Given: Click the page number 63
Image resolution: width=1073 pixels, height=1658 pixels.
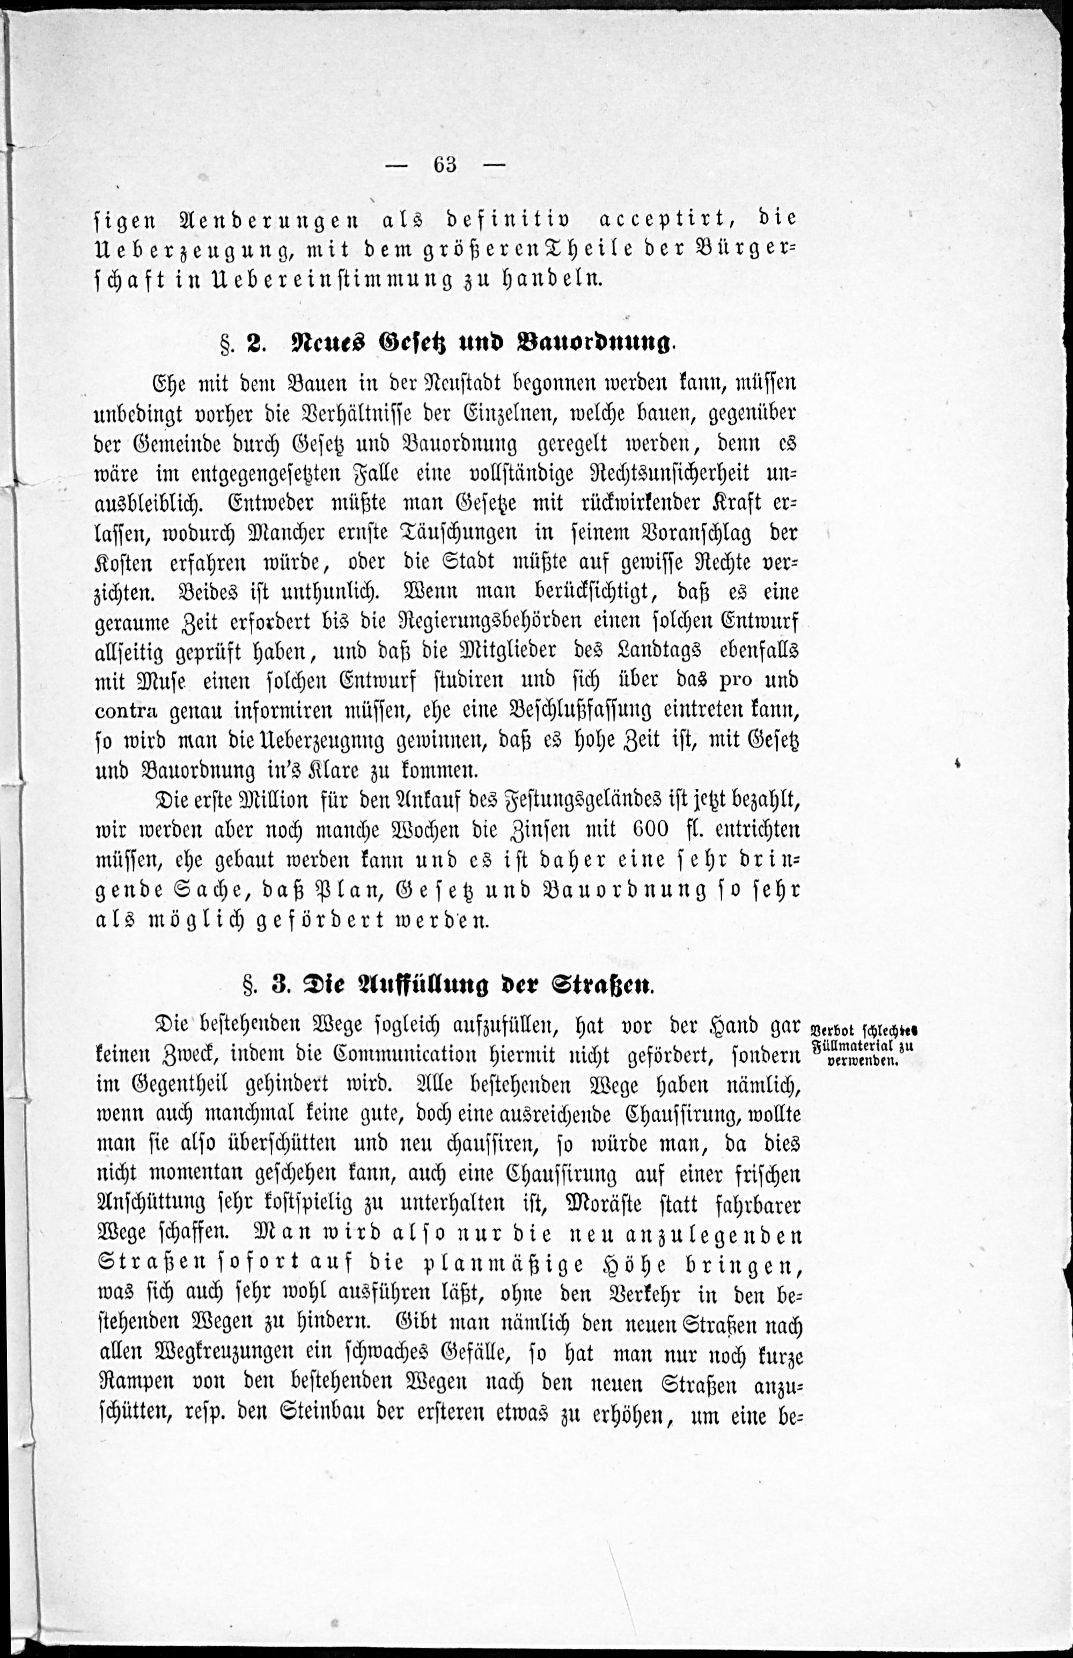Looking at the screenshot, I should click(x=445, y=165).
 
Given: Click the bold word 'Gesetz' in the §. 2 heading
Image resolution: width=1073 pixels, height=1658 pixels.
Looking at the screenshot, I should click(x=415, y=343).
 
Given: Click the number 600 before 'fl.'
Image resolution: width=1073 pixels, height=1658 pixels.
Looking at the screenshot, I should click(x=651, y=829).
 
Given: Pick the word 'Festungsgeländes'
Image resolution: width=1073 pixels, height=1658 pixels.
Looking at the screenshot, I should click(x=580, y=800).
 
